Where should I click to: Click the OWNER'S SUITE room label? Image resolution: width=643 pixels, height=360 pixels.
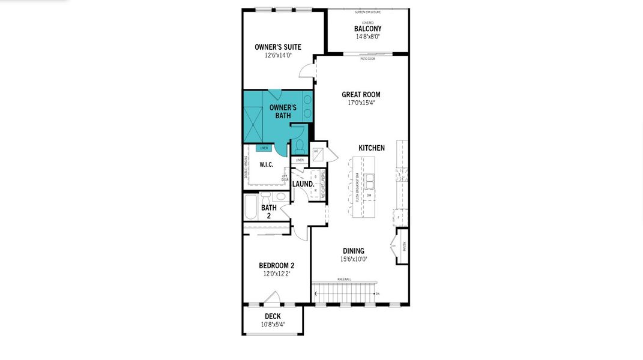[277, 47]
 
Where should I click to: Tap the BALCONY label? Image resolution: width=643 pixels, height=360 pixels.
[367, 29]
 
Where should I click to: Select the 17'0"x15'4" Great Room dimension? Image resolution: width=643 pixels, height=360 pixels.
[361, 103]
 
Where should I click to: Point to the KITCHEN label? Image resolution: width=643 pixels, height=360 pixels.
[372, 148]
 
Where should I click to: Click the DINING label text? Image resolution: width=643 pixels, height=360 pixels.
[353, 251]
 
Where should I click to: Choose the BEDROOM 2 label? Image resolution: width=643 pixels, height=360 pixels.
[276, 266]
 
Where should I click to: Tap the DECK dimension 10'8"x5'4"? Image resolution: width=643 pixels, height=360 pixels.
[273, 325]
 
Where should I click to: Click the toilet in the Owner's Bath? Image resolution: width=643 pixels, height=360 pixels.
[299, 146]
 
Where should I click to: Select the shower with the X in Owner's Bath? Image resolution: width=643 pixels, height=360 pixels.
[253, 116]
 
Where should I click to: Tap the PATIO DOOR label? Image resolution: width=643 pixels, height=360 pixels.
[368, 58]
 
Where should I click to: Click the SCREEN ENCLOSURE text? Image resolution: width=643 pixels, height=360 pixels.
[367, 11]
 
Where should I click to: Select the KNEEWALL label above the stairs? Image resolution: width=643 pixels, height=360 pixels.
[344, 279]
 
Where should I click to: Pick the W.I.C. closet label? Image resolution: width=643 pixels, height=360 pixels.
[266, 164]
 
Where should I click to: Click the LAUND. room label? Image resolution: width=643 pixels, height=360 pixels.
[303, 184]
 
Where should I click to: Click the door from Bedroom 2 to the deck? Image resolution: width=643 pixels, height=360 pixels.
[271, 298]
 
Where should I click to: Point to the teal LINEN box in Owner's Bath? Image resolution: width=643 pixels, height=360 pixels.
[264, 148]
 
